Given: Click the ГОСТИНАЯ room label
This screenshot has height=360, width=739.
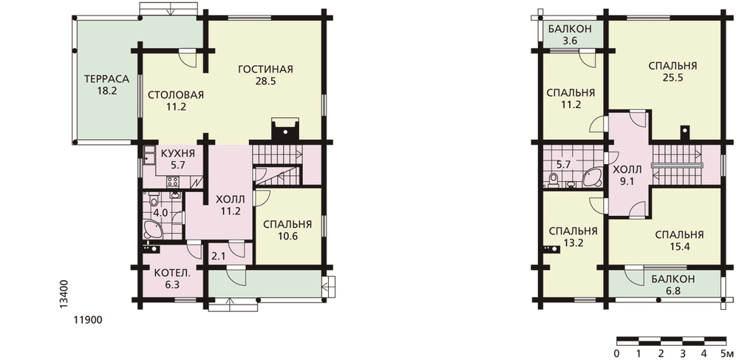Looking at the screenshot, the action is [265, 69].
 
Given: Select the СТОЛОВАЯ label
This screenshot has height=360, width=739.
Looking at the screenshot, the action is [176, 95].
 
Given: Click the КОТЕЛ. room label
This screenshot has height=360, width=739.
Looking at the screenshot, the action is [173, 273].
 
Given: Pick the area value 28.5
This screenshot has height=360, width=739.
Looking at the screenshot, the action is [265, 81].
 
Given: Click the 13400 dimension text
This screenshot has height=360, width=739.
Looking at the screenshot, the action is [65, 294].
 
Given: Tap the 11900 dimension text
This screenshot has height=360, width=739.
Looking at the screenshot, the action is [88, 320].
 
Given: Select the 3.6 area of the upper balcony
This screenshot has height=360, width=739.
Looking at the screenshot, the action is [570, 41].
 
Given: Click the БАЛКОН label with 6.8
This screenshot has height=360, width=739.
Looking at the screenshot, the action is [673, 279].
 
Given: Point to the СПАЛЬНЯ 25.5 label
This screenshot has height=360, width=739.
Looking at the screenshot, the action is [672, 66].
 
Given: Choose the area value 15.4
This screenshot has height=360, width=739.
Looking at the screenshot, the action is [679, 246].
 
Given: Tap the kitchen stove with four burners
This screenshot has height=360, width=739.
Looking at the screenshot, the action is [172, 181].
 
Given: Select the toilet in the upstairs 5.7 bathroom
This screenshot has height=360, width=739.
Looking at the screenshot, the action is [554, 179].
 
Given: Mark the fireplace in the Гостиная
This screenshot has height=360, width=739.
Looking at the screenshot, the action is [285, 129].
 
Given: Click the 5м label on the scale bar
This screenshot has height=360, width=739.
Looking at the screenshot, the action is [726, 353].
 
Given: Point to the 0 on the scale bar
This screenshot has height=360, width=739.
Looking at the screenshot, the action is [616, 353].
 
